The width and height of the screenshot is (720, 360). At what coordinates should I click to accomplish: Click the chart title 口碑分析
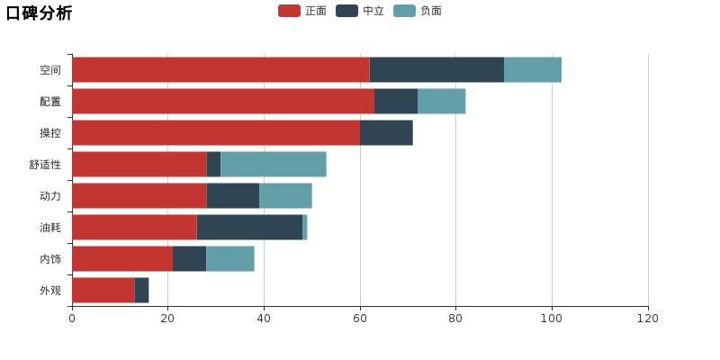(x=39, y=13)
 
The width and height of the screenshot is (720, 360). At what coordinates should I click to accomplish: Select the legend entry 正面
(x=303, y=11)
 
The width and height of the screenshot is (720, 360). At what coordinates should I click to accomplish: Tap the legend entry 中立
(x=361, y=11)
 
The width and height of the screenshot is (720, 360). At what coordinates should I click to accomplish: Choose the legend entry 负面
(x=418, y=11)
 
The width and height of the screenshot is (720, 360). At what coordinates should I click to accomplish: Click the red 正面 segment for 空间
(x=220, y=69)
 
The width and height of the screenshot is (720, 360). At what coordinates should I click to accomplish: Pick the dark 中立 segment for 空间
(x=436, y=69)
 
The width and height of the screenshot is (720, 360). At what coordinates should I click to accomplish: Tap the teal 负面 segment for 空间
(x=533, y=69)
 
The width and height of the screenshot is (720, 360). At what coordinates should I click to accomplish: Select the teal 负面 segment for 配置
(x=441, y=101)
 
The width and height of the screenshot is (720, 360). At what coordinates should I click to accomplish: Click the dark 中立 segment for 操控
(x=386, y=132)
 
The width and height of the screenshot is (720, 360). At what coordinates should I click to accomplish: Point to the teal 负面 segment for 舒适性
(x=274, y=164)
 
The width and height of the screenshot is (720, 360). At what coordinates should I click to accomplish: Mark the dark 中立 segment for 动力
(x=233, y=195)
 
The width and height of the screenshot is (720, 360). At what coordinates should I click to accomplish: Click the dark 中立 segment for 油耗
(x=249, y=227)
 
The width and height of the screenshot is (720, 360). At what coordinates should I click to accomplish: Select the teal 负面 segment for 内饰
(x=230, y=258)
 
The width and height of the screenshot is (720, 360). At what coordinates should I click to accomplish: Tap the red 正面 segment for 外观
(x=103, y=290)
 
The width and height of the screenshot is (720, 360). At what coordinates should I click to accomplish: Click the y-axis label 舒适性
(x=45, y=165)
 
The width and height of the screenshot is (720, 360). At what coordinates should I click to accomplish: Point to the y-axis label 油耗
(x=50, y=228)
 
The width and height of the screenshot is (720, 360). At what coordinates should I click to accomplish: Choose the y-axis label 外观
(x=50, y=291)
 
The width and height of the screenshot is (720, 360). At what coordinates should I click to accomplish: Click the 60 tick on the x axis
(x=360, y=319)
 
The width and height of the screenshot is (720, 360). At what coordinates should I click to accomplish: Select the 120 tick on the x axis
(x=648, y=319)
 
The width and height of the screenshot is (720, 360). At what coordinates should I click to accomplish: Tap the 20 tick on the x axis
(x=167, y=319)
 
